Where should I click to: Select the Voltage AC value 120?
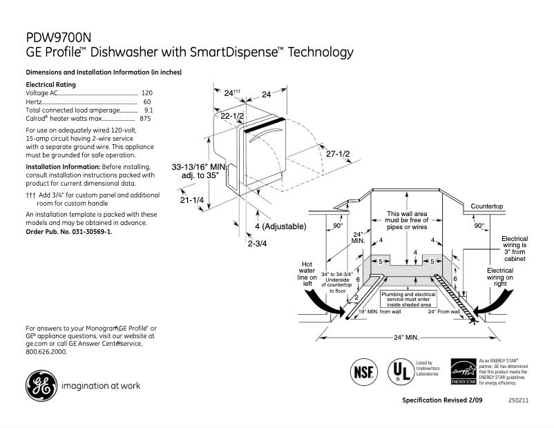[146, 93]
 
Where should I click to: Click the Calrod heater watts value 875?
[145, 119]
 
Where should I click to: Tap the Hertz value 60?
[147, 101]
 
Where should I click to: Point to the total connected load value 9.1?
[148, 110]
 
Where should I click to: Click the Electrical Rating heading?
[50, 84]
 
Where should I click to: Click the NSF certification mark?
[365, 371]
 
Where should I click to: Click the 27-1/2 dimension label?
[338, 153]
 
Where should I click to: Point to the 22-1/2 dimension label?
[232, 117]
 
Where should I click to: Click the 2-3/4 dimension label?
[257, 243]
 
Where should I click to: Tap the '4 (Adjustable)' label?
[280, 226]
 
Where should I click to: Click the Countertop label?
[487, 206]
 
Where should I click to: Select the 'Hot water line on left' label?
[307, 273]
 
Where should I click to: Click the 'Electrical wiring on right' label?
[500, 277]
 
